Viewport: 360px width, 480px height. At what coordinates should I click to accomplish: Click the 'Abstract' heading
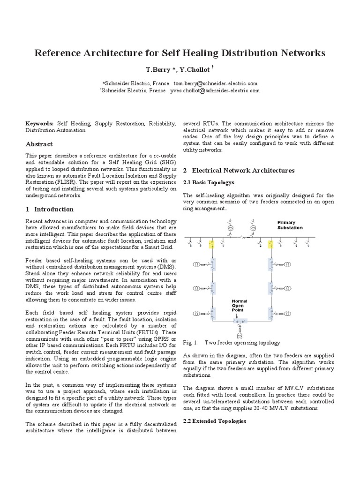(39, 144)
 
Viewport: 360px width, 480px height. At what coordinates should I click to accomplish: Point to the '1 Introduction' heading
(49, 209)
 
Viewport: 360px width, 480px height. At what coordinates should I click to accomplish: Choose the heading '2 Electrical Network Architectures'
(238, 170)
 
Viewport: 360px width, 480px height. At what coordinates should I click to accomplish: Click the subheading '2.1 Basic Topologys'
(208, 182)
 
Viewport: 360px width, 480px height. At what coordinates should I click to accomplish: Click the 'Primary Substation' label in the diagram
(290, 225)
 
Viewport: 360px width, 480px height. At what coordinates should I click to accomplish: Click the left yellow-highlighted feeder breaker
(211, 243)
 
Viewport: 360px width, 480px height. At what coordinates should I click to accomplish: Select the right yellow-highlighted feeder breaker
(270, 243)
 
